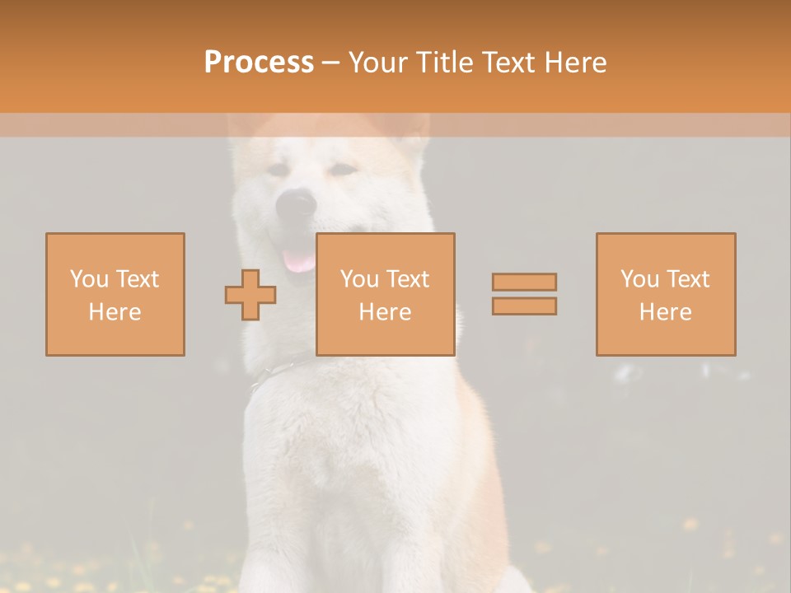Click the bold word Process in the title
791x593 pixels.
(x=259, y=63)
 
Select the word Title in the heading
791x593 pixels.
(x=445, y=63)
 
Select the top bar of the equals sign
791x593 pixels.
(x=524, y=282)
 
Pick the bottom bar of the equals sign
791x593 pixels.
(x=524, y=306)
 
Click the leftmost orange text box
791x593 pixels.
(x=115, y=294)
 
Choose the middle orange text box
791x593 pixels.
(x=385, y=294)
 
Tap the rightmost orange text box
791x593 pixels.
(x=666, y=294)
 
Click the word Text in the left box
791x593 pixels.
(x=137, y=279)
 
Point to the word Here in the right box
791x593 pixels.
(x=666, y=311)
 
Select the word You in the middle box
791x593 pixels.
(x=359, y=279)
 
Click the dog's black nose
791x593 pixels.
(x=296, y=202)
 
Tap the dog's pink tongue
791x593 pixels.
(x=298, y=261)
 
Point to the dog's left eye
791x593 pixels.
(x=278, y=170)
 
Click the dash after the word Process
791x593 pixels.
(x=331, y=63)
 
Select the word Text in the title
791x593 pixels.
(x=508, y=63)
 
